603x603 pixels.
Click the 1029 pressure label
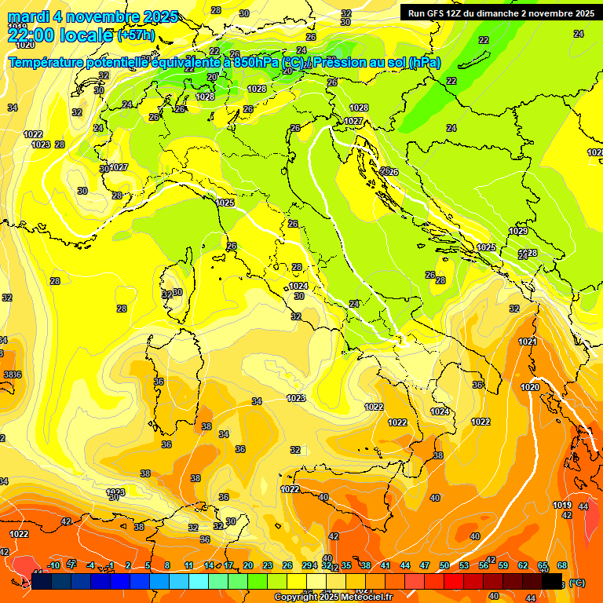tap(517, 232)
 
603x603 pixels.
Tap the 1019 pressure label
tap(561, 505)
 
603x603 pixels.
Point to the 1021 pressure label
tap(528, 342)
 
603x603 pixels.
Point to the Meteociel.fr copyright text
tap(334, 598)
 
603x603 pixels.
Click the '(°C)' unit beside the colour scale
tap(576, 583)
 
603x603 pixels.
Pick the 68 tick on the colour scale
tap(562, 565)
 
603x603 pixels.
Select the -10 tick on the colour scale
tap(53, 565)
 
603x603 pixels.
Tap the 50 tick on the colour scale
tap(444, 565)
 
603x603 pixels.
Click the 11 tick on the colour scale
tap(188, 565)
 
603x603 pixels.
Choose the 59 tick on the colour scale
tap(503, 565)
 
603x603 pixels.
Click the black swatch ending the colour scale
tap(552, 582)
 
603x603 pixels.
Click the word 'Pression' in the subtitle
tap(347, 63)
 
